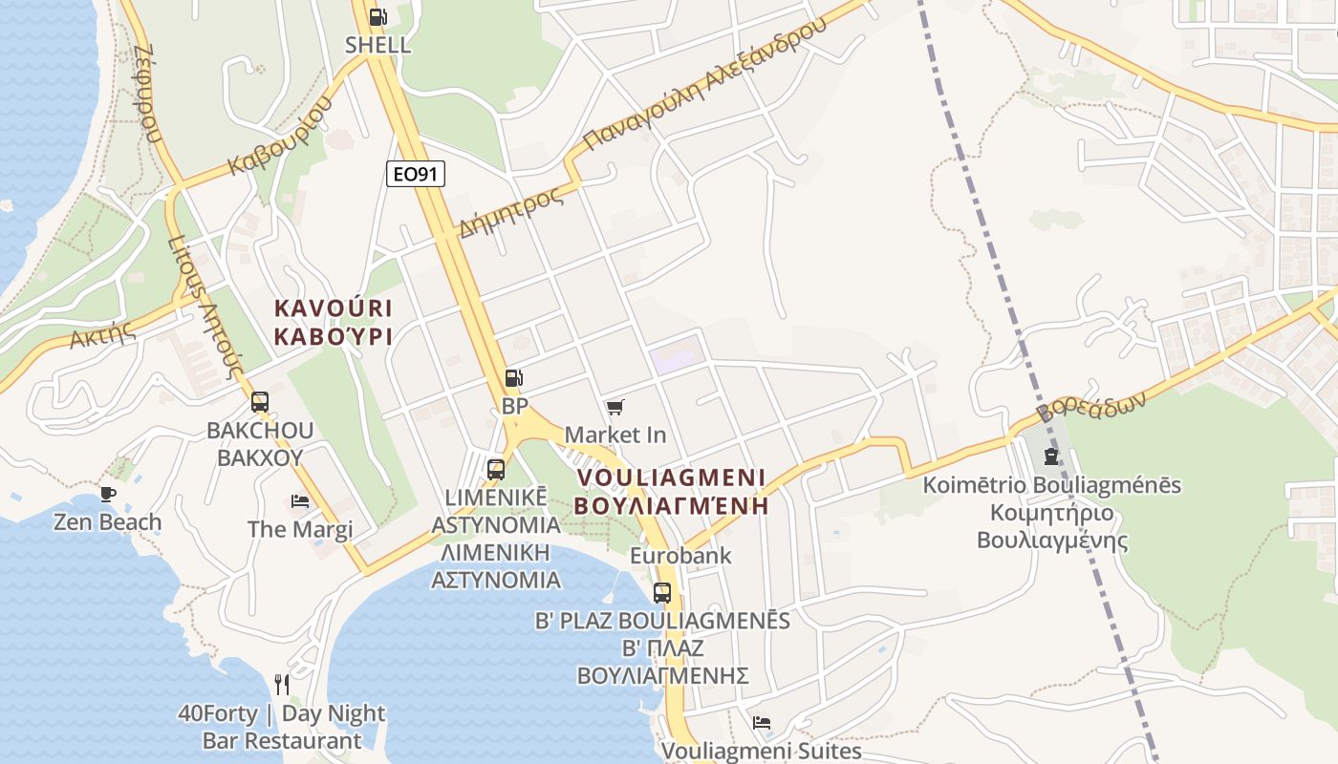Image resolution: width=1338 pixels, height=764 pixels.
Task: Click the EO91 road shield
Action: tap(416, 174)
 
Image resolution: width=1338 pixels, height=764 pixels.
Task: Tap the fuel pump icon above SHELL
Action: tap(378, 17)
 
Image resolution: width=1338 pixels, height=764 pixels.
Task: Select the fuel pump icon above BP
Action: tap(514, 378)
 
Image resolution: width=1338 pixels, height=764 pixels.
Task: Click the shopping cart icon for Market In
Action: tap(615, 408)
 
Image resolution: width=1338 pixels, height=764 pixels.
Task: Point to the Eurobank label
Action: tap(680, 555)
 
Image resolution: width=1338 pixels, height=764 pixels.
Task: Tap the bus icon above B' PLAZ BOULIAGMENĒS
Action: tap(661, 592)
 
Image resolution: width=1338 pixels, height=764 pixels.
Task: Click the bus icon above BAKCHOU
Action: tap(260, 402)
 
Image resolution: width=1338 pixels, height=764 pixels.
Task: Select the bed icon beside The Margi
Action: tap(300, 501)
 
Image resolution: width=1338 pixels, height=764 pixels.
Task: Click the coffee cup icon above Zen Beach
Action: tap(107, 494)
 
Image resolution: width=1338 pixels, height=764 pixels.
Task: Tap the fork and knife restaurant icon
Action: tap(282, 684)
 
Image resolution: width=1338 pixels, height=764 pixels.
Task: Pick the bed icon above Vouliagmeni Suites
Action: tap(762, 723)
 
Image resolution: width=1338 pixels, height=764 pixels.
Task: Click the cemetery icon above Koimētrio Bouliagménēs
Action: tap(1051, 456)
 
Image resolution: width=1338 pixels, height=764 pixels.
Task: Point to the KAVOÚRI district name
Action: tap(334, 308)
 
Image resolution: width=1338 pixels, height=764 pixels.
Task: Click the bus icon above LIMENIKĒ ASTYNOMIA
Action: tap(495, 469)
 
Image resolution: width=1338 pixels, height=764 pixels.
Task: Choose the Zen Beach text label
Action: tap(107, 522)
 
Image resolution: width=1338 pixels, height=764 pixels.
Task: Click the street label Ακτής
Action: tap(99, 334)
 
